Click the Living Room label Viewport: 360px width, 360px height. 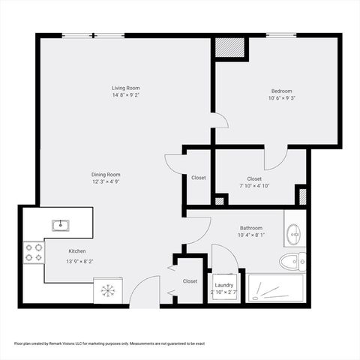coord(126,88)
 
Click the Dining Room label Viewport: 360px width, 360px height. coord(106,174)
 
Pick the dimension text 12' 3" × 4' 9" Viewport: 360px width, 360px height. coord(106,182)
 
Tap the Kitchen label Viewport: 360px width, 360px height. coord(78,251)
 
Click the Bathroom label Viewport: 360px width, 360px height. coord(251,228)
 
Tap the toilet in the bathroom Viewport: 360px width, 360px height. coord(292,262)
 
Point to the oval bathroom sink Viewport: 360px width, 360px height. coord(295,234)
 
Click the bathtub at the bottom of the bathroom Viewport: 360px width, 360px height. coord(276,288)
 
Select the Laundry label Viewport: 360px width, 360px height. coord(223,285)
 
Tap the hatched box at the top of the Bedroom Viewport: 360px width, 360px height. coord(230,47)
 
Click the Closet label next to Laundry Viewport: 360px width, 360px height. coord(190,281)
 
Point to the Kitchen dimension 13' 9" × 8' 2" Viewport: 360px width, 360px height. coord(79,262)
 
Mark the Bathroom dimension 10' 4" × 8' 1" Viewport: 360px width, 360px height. coord(251,235)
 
